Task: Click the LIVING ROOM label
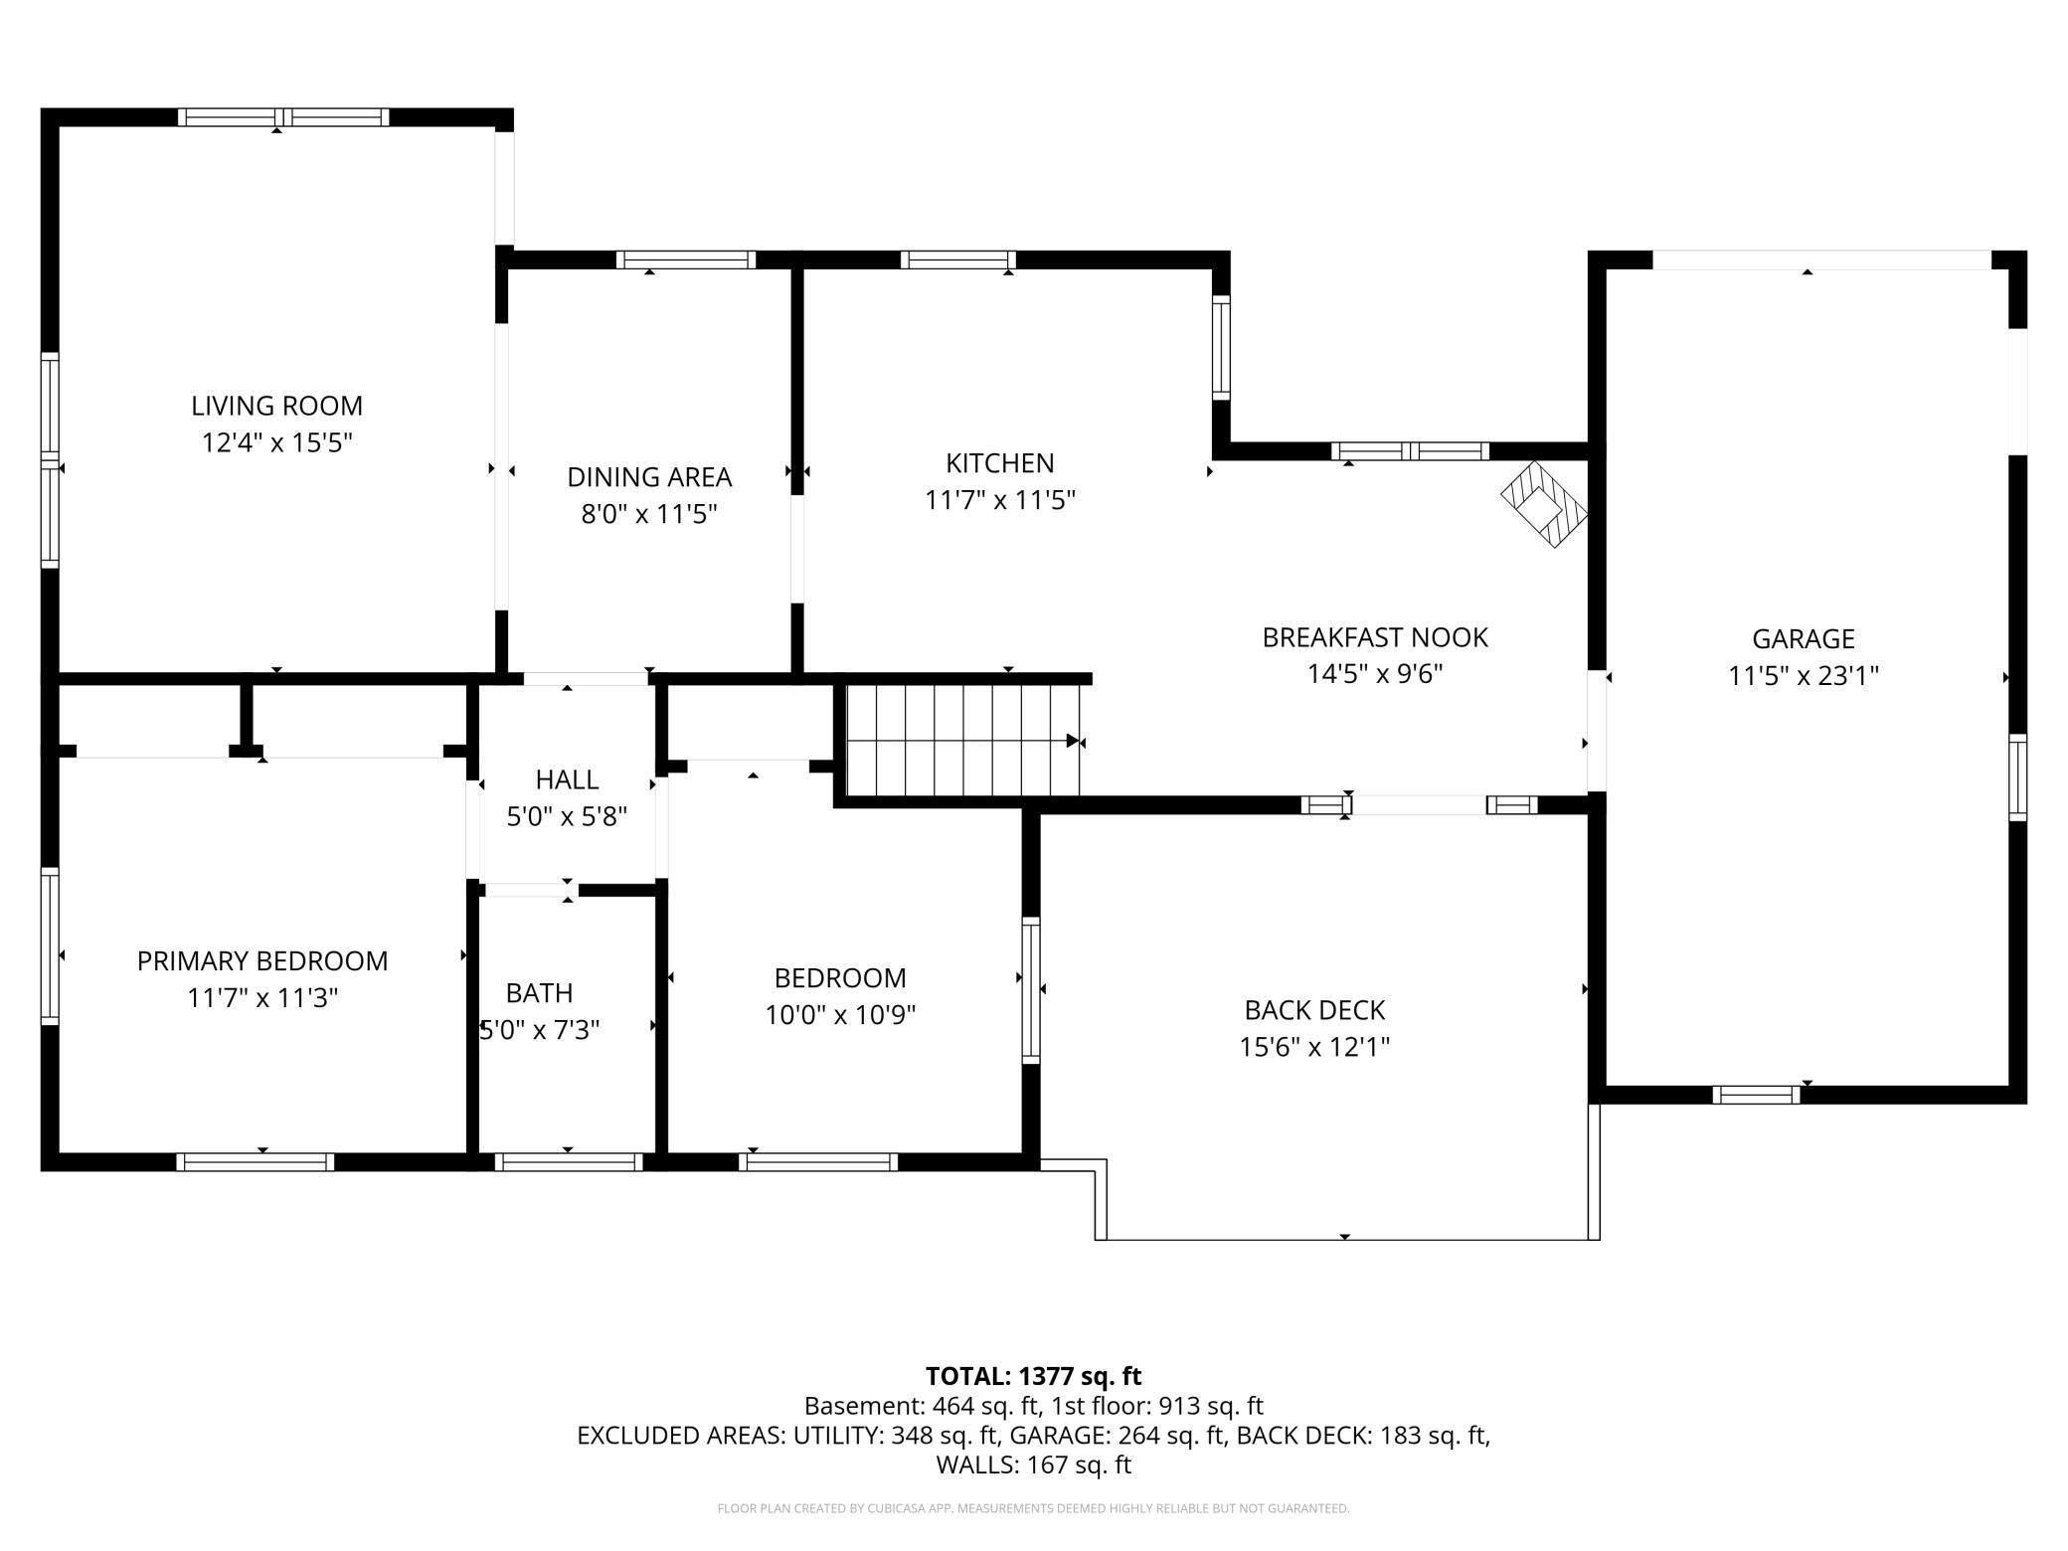[276, 406]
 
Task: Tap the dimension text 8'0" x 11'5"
[649, 514]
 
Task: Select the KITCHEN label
[999, 463]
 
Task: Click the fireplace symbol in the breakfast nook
[1544, 505]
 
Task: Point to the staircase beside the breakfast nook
[962, 739]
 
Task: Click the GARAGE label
[1803, 638]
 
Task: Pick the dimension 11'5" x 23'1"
[1803, 676]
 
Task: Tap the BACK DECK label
[1314, 1010]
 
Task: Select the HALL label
[567, 779]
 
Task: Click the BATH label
[539, 993]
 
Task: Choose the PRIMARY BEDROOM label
[262, 961]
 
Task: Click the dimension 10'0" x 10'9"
[840, 1015]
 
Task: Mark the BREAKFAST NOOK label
[1374, 637]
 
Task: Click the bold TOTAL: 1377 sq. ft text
[1033, 1376]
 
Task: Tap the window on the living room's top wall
[283, 117]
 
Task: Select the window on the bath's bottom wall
[569, 1161]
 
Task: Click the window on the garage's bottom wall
[1756, 1095]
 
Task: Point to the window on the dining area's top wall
[686, 259]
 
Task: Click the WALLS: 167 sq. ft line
[1033, 1465]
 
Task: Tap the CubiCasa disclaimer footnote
[1033, 1509]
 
